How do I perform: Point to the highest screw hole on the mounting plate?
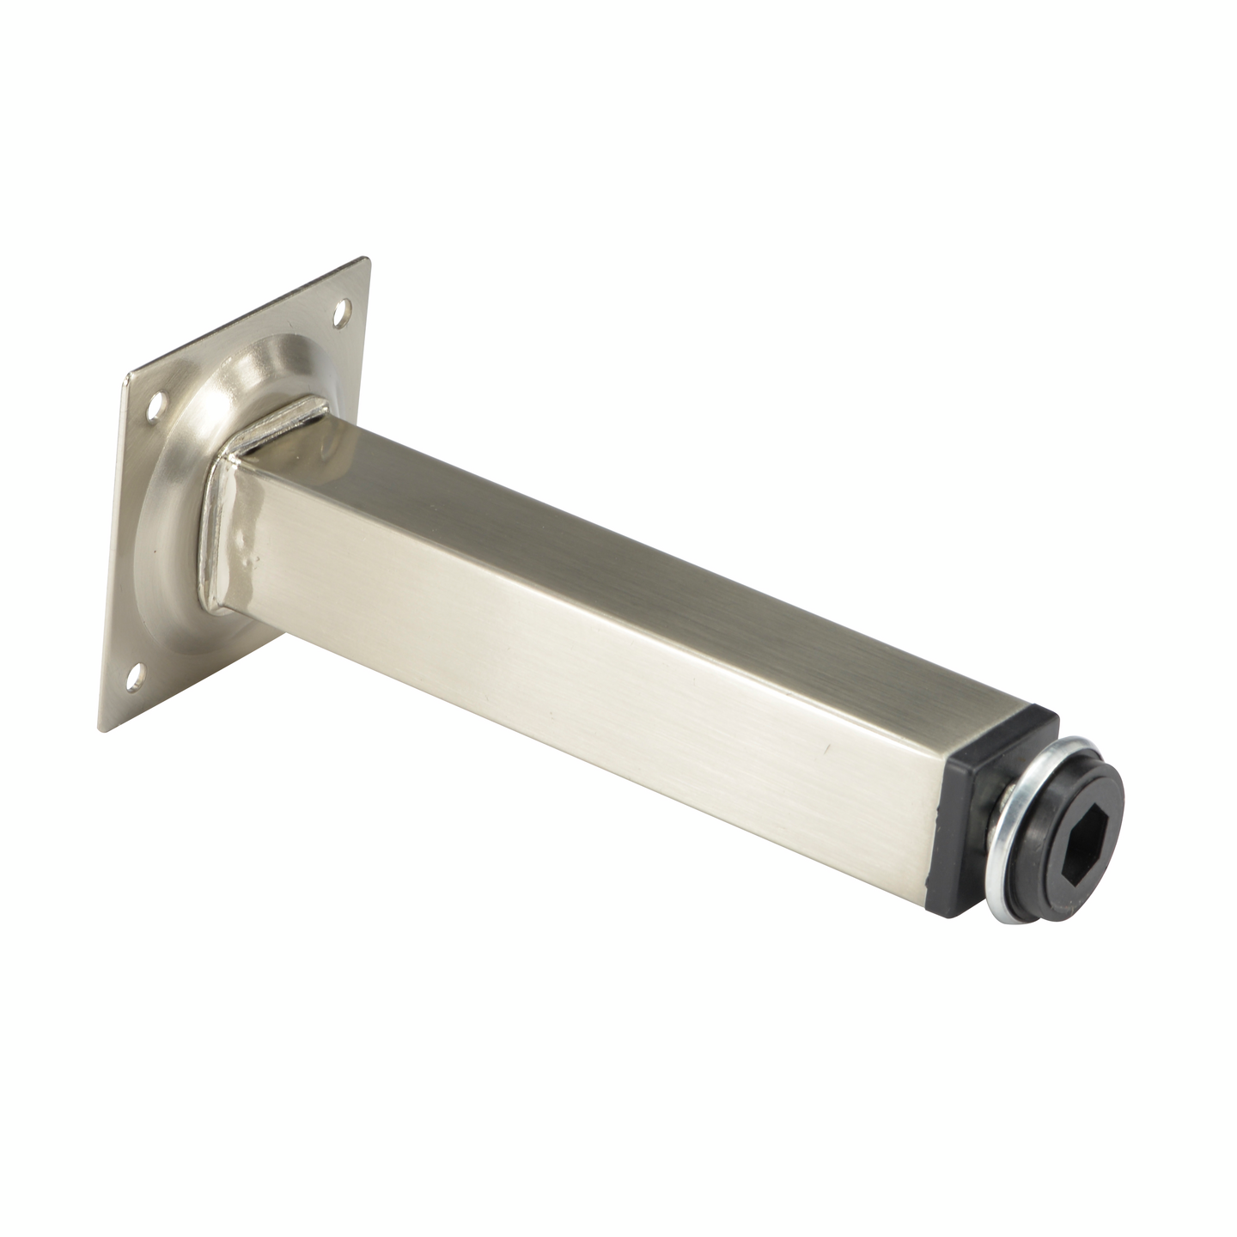pyautogui.click(x=343, y=307)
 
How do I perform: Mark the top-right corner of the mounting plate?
pyautogui.click(x=369, y=259)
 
